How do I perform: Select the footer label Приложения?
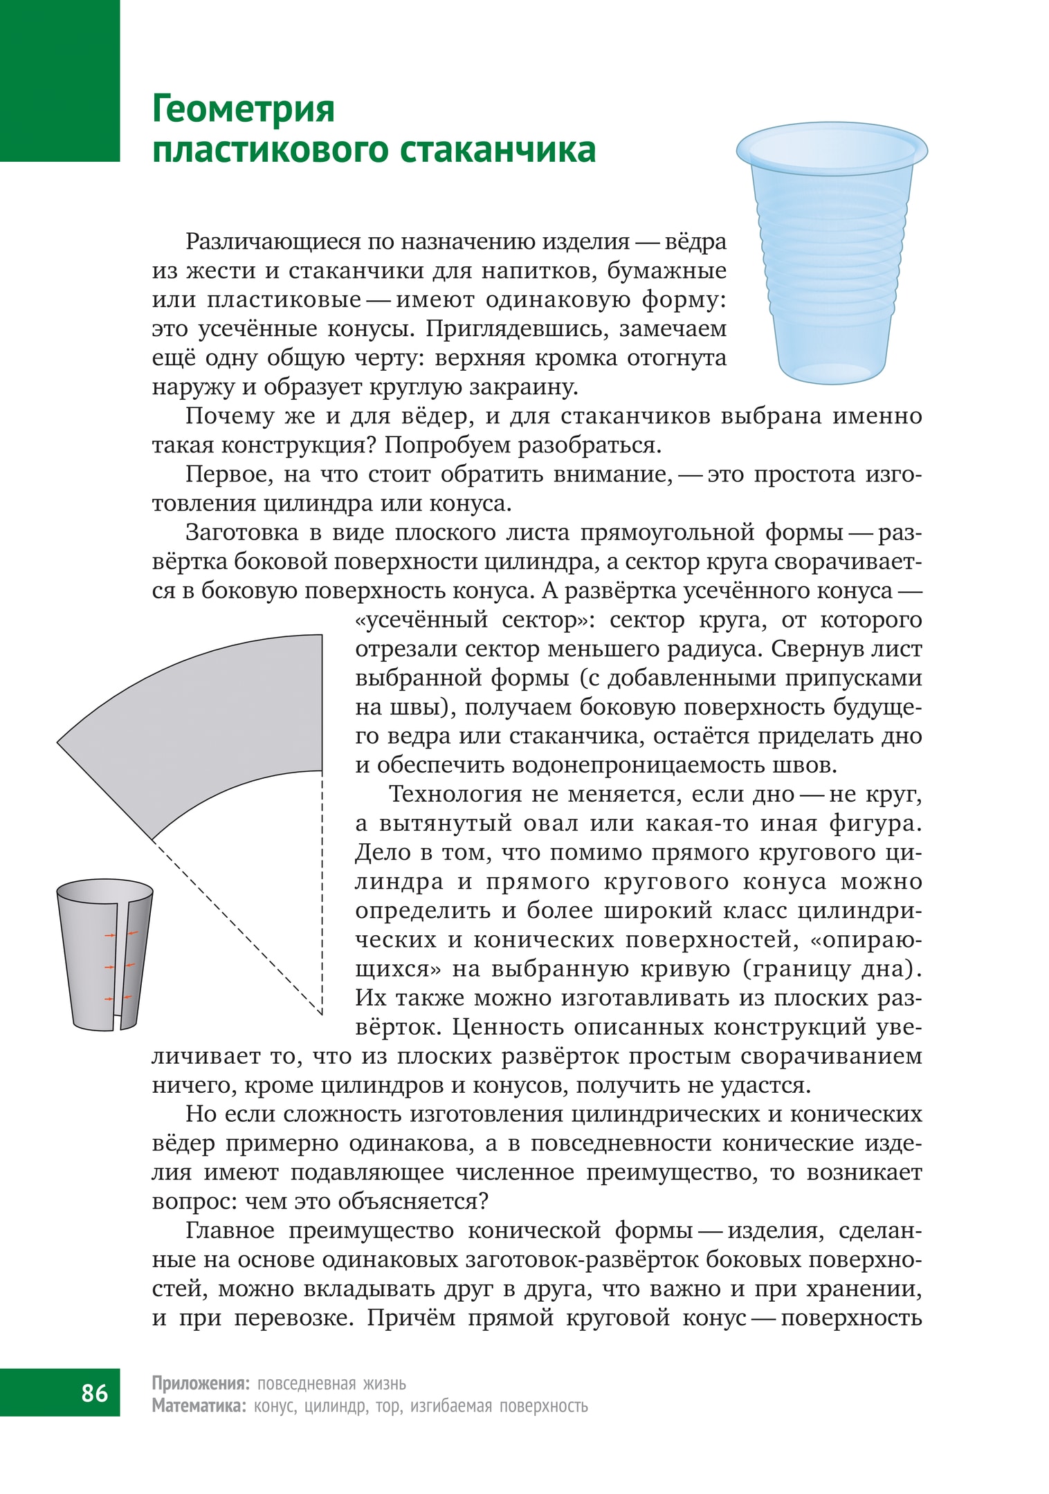[201, 1383]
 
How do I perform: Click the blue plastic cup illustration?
[831, 263]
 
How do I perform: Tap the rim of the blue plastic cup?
[831, 147]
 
